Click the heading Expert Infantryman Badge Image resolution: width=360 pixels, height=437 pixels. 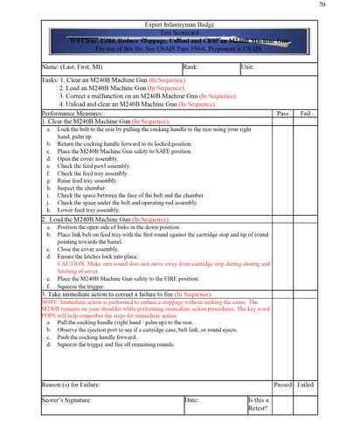pos(178,18)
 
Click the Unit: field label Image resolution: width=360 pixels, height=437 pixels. pos(248,66)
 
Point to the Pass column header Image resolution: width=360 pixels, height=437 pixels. pos(282,114)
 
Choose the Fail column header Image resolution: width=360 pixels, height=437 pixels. pos(305,114)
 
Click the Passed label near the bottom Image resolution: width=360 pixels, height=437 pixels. pos(282,385)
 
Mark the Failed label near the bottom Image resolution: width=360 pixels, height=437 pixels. pos(306,385)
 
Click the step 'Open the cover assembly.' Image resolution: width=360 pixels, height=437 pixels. pos(96,159)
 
